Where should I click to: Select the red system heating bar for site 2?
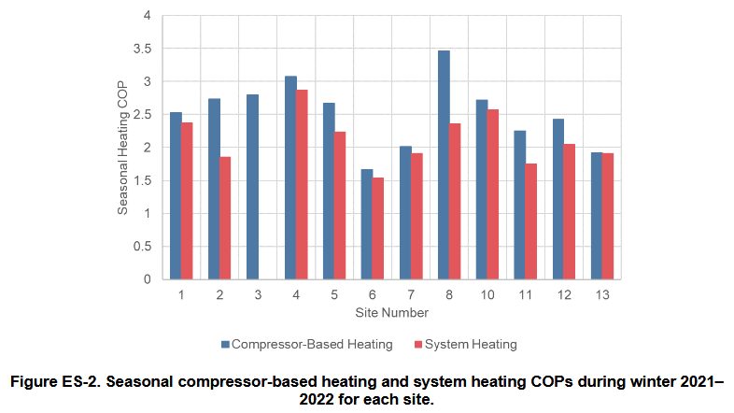click(x=225, y=218)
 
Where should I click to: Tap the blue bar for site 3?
click(x=252, y=187)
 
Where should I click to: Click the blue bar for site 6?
click(x=367, y=224)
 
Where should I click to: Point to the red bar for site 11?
click(x=531, y=221)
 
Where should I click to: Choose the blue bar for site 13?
click(x=597, y=216)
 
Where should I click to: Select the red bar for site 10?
click(x=493, y=194)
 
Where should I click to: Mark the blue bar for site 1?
click(x=176, y=195)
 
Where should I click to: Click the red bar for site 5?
click(x=340, y=206)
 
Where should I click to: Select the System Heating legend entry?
click(x=463, y=344)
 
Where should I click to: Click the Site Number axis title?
click(x=391, y=311)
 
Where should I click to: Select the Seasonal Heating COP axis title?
click(x=123, y=147)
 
